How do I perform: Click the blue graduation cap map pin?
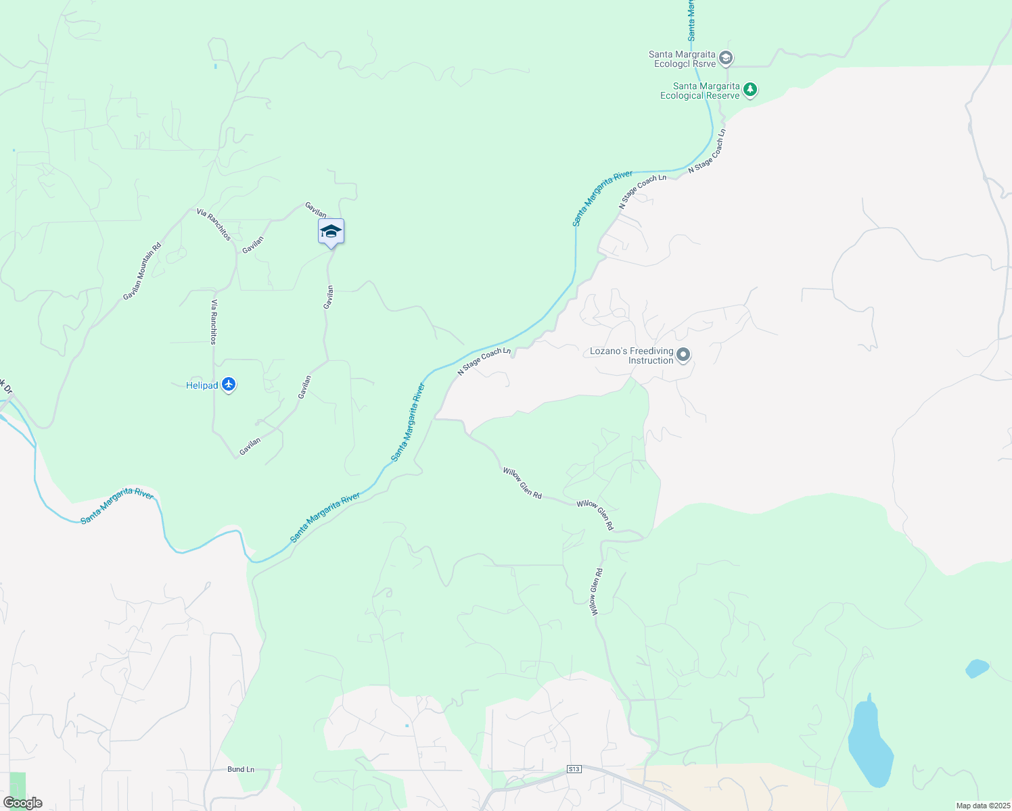tap(331, 232)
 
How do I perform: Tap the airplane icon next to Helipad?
tap(229, 385)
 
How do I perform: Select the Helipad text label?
tap(202, 386)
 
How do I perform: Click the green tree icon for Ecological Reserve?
tap(750, 89)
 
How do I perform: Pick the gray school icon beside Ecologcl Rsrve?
tap(725, 58)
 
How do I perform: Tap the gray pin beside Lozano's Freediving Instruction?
tap(683, 355)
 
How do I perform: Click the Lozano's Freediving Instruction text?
tap(632, 355)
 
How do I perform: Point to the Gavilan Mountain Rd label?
tap(142, 272)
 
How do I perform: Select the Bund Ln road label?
tap(241, 769)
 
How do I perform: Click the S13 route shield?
tap(574, 769)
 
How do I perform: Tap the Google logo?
tap(22, 803)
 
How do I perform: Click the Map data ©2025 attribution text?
tap(982, 806)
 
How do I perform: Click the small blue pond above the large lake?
tap(977, 668)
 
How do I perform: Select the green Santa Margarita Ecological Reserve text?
tap(700, 91)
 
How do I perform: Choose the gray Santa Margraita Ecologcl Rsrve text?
tap(682, 59)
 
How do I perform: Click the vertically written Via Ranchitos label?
tap(214, 322)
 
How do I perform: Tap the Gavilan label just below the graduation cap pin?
tap(329, 297)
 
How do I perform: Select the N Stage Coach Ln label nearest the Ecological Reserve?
tap(707, 151)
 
